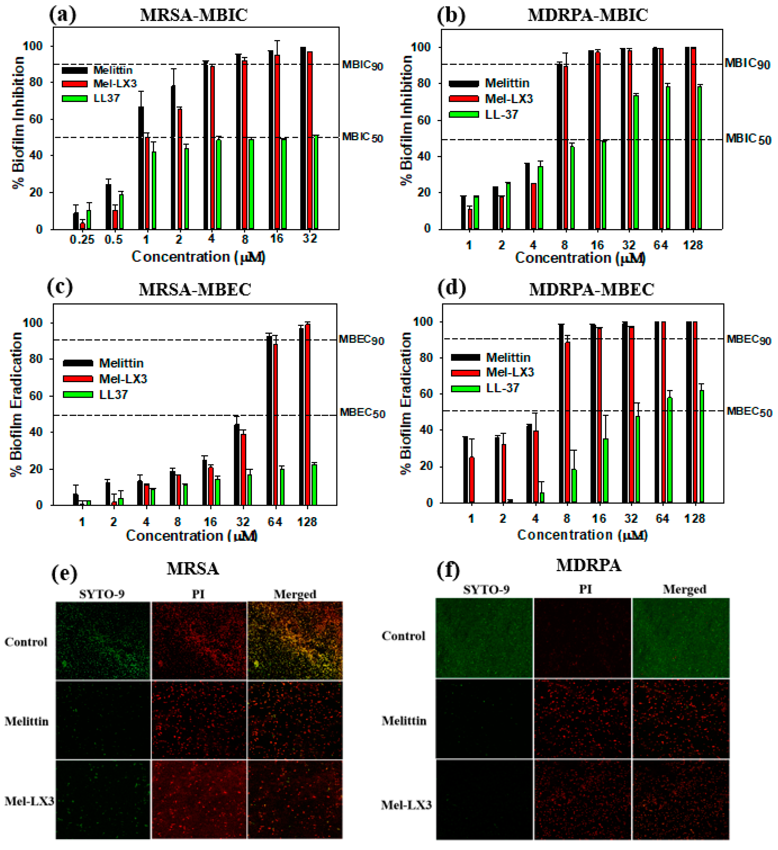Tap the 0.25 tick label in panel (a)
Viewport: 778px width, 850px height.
[82, 240]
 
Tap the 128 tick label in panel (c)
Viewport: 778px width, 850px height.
[307, 522]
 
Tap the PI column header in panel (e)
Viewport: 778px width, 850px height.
[198, 594]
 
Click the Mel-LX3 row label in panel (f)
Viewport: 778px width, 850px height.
[406, 805]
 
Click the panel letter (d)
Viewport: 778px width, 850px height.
[452, 289]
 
